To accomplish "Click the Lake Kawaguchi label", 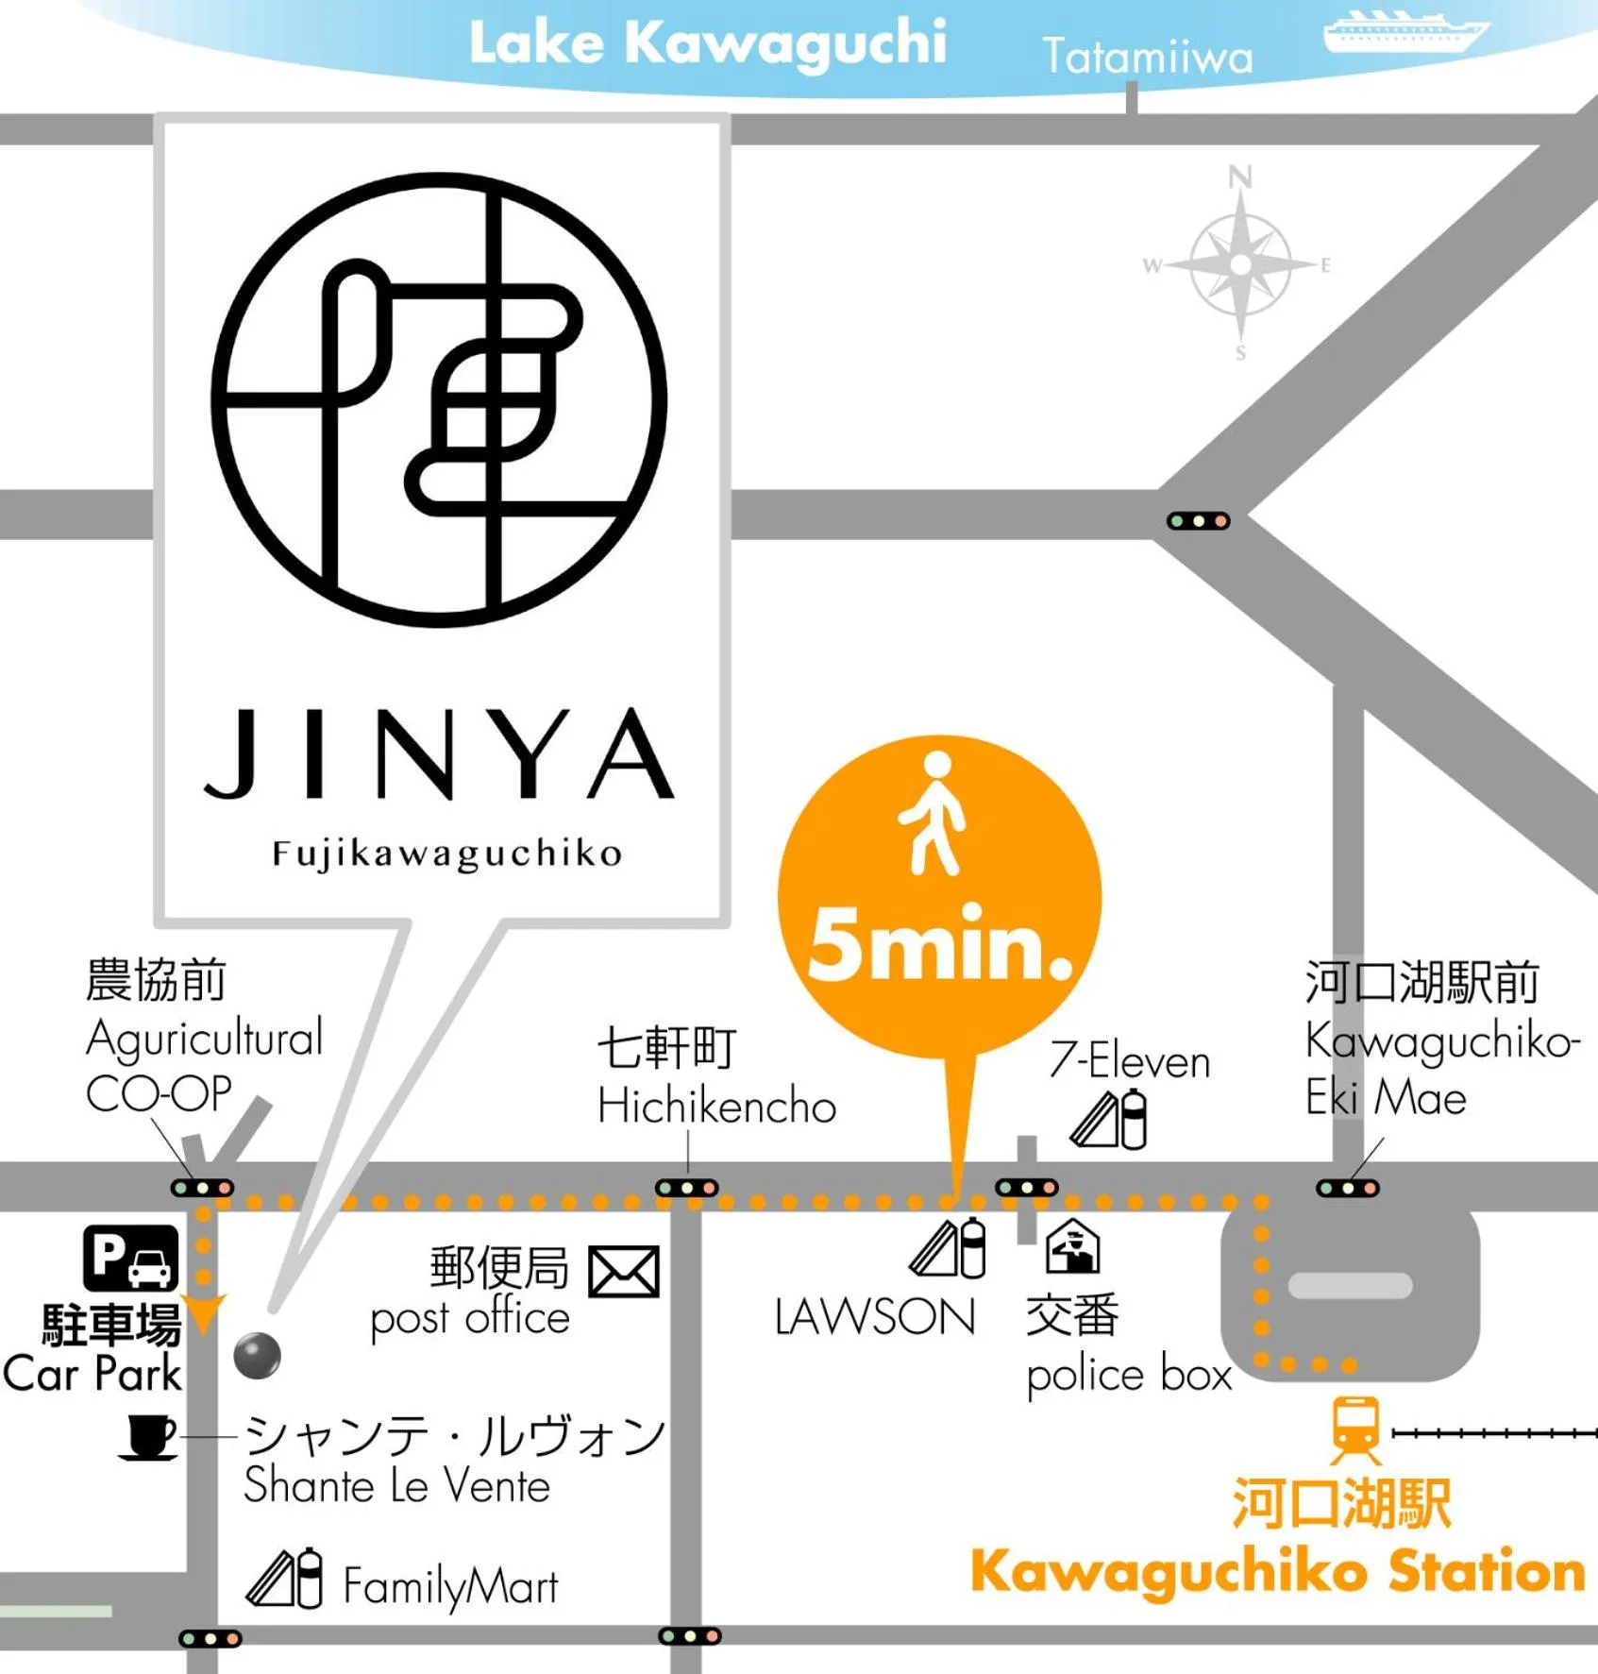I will [707, 43].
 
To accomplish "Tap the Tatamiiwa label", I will [1147, 57].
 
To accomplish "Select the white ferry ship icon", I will [1405, 33].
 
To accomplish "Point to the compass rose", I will [1240, 264].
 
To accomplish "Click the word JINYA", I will [439, 754].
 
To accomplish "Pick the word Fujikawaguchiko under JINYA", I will [446, 854].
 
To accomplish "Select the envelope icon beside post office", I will [623, 1272].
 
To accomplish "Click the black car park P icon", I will [131, 1258].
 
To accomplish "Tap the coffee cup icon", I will [148, 1437].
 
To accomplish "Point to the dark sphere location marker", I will [257, 1356].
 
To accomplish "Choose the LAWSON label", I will [874, 1317].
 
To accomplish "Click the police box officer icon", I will [1073, 1246].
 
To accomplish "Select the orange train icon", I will [1356, 1429].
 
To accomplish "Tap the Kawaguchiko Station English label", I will [1277, 1572].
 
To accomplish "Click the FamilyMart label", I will [450, 1586].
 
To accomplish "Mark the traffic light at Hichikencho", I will [686, 1188].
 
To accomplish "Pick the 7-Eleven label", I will [1129, 1061].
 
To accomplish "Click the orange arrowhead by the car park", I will [203, 1311].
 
